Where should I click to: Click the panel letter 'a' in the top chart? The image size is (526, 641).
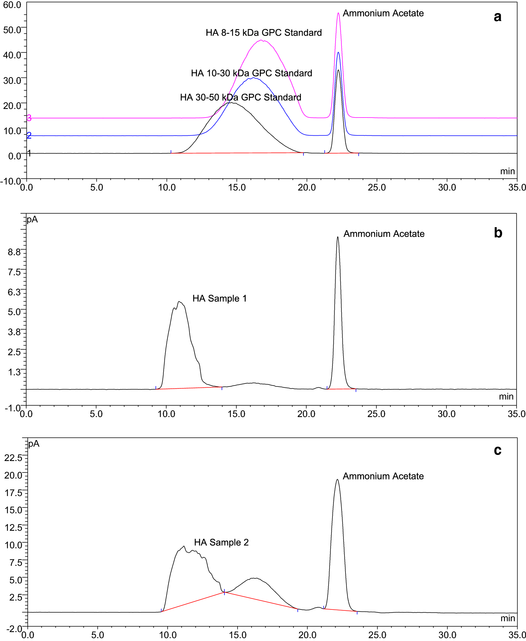(x=497, y=17)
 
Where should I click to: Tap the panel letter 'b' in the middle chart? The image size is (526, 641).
(x=498, y=233)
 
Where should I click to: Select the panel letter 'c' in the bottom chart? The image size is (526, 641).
(x=497, y=450)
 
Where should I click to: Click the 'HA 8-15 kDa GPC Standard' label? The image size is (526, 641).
(x=264, y=33)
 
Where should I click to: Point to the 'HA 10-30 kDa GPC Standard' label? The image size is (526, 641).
(x=252, y=73)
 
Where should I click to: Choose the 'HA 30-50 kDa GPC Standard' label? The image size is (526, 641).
(x=241, y=97)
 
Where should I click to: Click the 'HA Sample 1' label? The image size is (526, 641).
(x=219, y=299)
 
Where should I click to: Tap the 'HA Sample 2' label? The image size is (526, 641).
(x=221, y=542)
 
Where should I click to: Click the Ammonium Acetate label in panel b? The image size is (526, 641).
(x=384, y=234)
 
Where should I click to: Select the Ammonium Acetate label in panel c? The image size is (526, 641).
(x=383, y=476)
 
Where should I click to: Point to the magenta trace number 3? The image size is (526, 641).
(x=29, y=118)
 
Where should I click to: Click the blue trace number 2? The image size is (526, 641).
(x=29, y=136)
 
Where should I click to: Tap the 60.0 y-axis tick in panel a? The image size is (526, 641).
(x=12, y=5)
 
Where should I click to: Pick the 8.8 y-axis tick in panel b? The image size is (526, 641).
(x=14, y=252)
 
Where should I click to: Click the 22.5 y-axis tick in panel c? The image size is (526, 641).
(x=13, y=458)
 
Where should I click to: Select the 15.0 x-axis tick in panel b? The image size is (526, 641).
(x=236, y=414)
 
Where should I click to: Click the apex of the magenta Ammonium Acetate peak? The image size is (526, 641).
(x=338, y=13)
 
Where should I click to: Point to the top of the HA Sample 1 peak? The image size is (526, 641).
(x=179, y=301)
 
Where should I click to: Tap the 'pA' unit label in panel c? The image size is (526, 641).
(x=34, y=444)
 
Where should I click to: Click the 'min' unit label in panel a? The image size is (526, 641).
(x=507, y=171)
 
